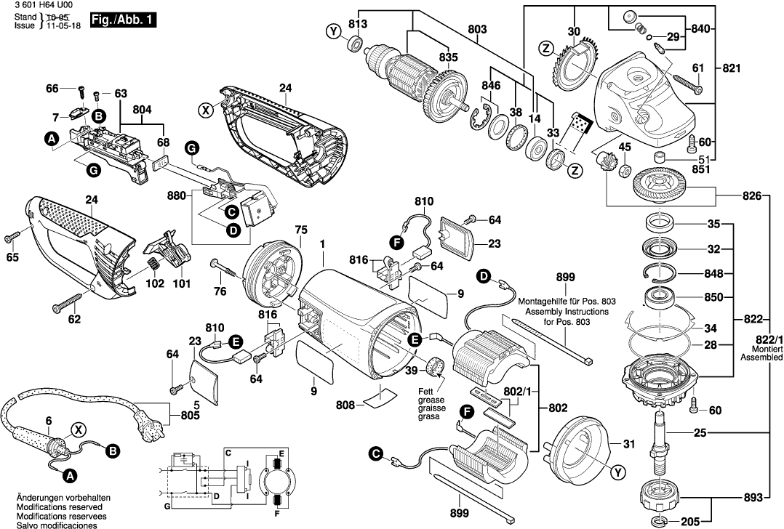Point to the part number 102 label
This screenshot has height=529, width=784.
coord(154,284)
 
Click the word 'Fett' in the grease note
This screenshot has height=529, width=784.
coord(425,392)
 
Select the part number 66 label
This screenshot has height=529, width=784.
coord(52,89)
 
